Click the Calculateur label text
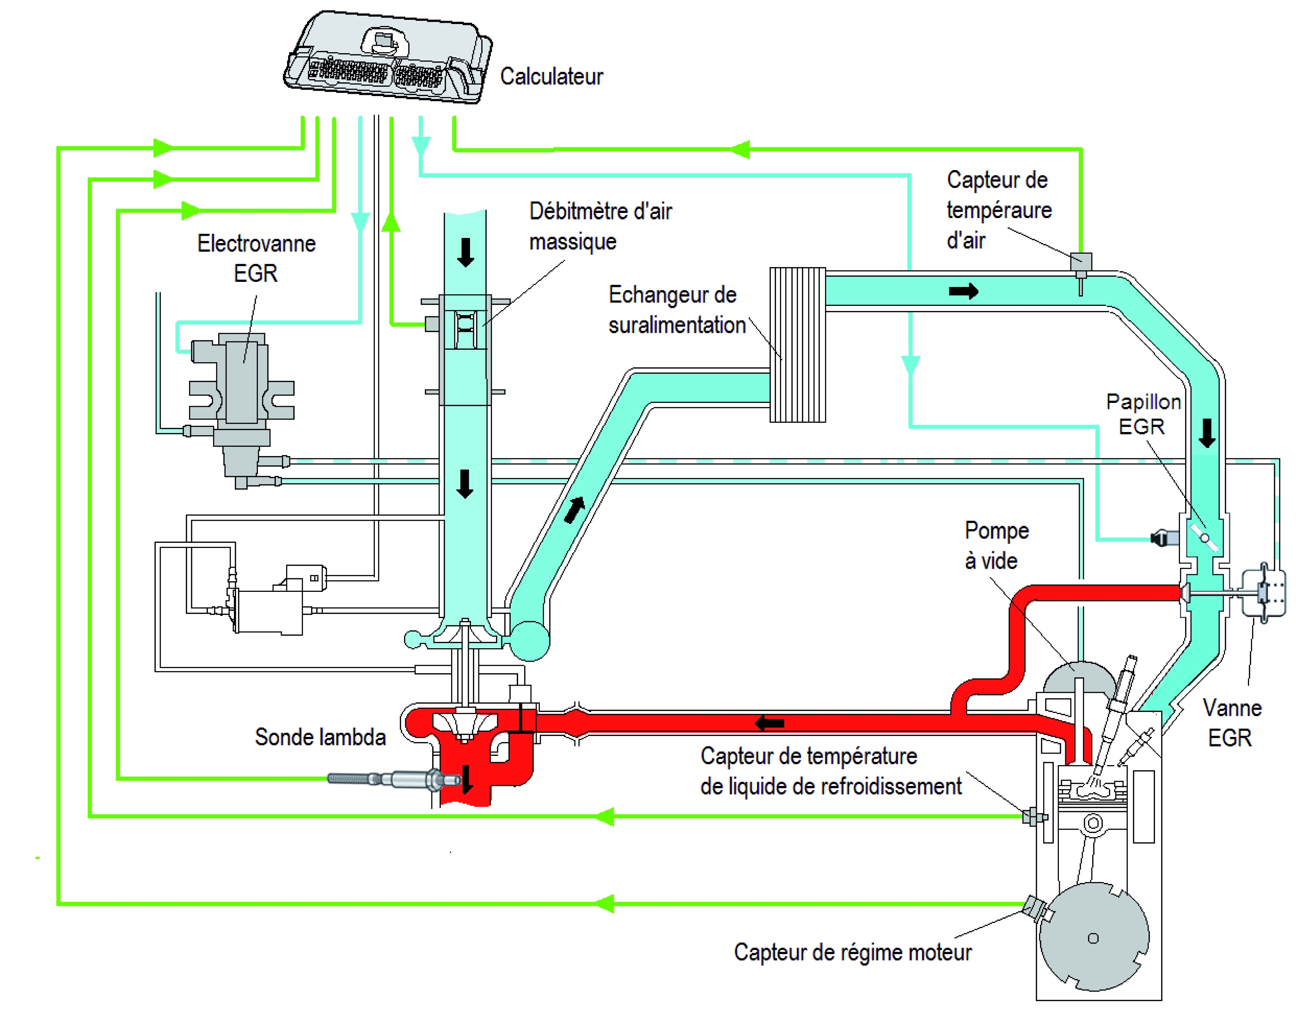pyautogui.click(x=551, y=77)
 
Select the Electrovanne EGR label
pyautogui.click(x=256, y=258)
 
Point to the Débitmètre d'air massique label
pyautogui.click(x=600, y=226)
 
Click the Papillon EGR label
pyautogui.click(x=1143, y=414)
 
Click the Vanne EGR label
pyautogui.click(x=1231, y=723)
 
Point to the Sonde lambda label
pyautogui.click(x=320, y=737)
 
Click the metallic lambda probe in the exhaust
pyautogui.click(x=393, y=779)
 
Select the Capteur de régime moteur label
pyautogui.click(x=852, y=952)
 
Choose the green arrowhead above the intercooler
pyautogui.click(x=740, y=149)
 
